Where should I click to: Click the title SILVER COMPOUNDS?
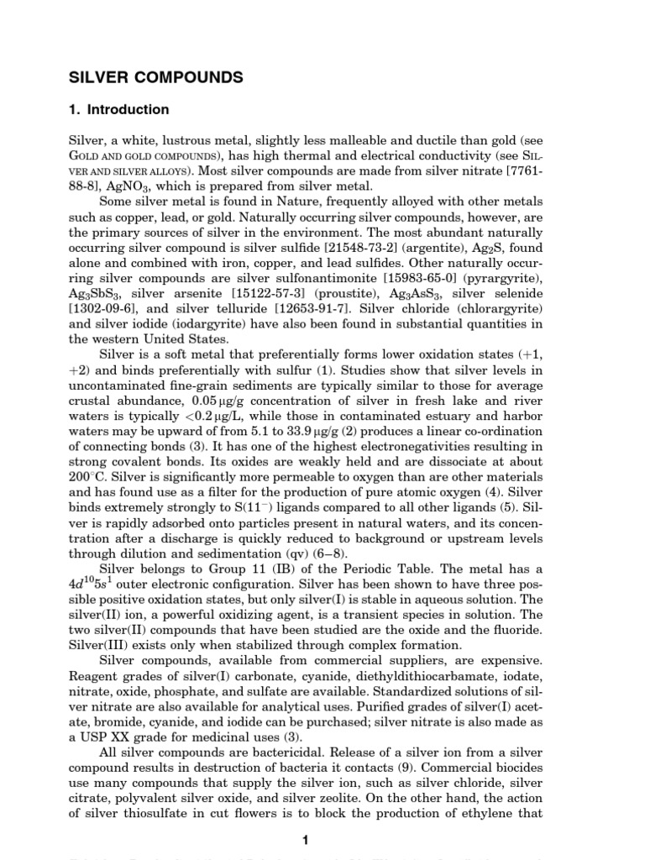point(155,77)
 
